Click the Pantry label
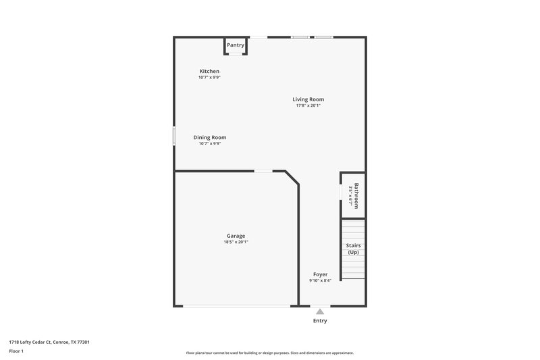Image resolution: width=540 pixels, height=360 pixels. tap(236, 45)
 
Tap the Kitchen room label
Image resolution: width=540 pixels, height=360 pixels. tap(209, 72)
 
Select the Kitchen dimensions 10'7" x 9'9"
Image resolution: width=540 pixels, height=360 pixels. tap(209, 78)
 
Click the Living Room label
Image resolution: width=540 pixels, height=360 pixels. tap(308, 99)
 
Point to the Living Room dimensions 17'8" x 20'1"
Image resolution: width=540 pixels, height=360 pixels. tap(308, 105)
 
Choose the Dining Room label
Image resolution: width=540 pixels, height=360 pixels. tap(209, 137)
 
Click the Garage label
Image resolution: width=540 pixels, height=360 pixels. tap(236, 236)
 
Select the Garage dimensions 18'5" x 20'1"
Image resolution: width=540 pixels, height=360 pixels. tap(236, 242)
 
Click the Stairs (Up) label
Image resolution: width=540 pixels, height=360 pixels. tap(353, 249)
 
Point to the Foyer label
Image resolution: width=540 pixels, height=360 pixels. tap(320, 274)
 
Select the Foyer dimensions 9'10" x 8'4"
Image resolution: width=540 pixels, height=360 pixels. tap(320, 280)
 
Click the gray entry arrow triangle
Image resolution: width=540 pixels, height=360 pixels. tap(320, 312)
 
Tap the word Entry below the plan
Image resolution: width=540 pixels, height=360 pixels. tap(320, 321)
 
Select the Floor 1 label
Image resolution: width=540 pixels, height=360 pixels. tap(17, 351)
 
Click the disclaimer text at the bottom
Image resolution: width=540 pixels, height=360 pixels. tap(270, 353)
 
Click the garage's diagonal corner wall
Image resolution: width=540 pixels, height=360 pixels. tap(292, 179)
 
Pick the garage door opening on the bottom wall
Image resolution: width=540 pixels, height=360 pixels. tap(236, 307)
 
